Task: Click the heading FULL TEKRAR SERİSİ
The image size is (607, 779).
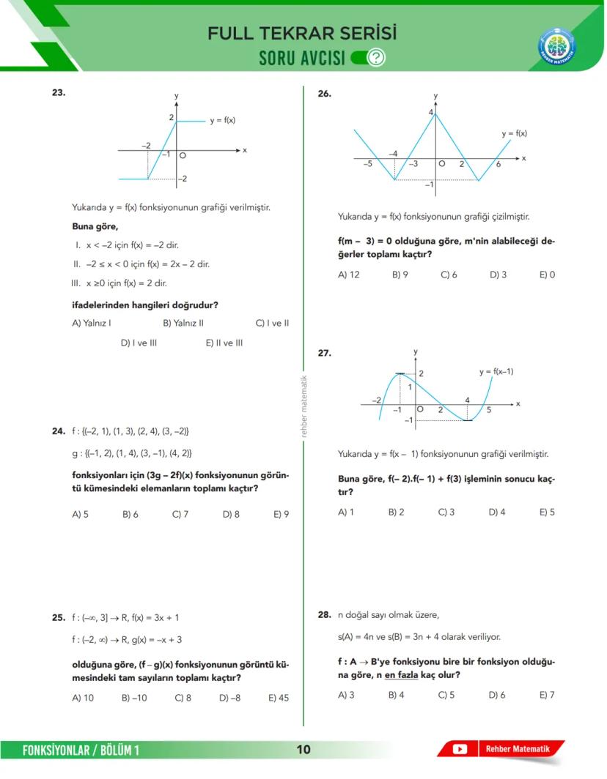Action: (302, 34)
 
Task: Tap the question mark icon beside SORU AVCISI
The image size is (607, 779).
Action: (376, 58)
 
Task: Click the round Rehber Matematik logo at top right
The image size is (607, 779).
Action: (556, 45)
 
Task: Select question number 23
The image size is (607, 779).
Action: (59, 93)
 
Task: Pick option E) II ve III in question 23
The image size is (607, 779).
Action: (224, 343)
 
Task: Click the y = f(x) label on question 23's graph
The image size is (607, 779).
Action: (222, 120)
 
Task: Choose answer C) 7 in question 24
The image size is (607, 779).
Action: (180, 515)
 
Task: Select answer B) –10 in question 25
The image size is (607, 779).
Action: (134, 698)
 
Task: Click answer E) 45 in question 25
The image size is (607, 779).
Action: (279, 698)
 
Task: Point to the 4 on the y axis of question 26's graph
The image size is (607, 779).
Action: (431, 112)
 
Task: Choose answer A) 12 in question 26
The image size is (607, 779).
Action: (348, 275)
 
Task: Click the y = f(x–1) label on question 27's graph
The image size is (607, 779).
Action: (496, 372)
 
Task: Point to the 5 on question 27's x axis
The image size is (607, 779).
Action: (489, 410)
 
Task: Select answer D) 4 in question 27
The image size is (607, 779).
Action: (497, 512)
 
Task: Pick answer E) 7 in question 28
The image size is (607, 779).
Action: (547, 695)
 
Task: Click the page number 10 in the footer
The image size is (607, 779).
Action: (303, 750)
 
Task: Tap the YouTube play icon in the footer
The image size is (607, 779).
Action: (460, 749)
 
